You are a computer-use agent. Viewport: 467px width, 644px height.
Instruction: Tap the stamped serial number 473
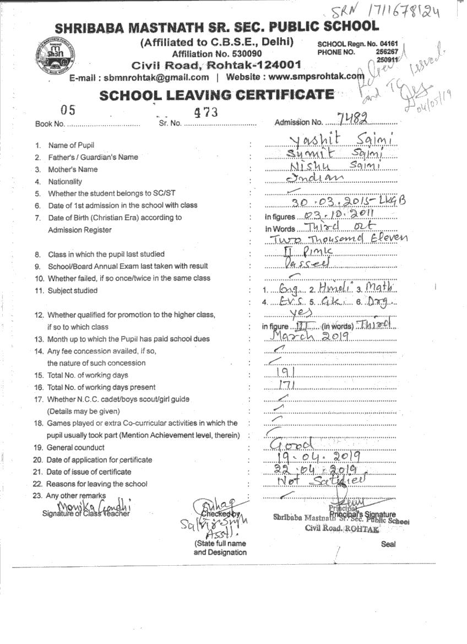click(207, 112)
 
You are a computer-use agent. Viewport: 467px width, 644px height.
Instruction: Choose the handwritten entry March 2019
click(312, 335)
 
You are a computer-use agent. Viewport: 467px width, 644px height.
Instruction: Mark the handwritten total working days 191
click(287, 374)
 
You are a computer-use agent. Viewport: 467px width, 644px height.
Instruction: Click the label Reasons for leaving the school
click(97, 484)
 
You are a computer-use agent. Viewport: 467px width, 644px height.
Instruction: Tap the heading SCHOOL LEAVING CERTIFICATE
click(216, 95)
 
